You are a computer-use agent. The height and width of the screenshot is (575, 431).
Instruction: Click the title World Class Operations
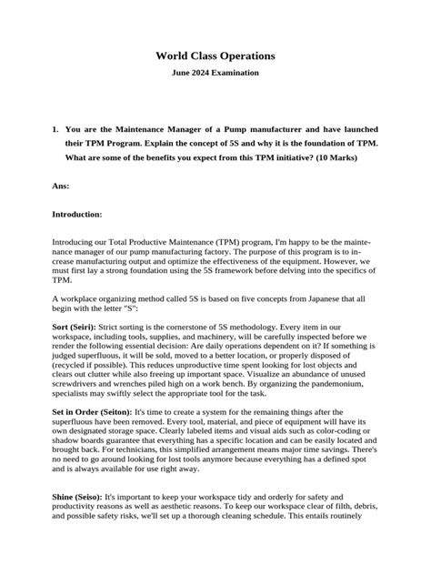coord(215,56)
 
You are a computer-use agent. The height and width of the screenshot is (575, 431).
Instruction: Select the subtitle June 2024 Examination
coord(215,73)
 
